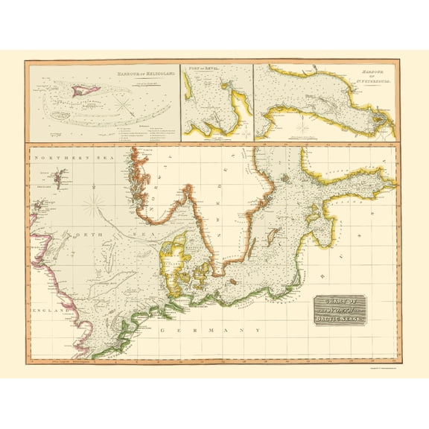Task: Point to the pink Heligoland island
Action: [x=83, y=90]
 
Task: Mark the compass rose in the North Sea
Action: [x=95, y=201]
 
